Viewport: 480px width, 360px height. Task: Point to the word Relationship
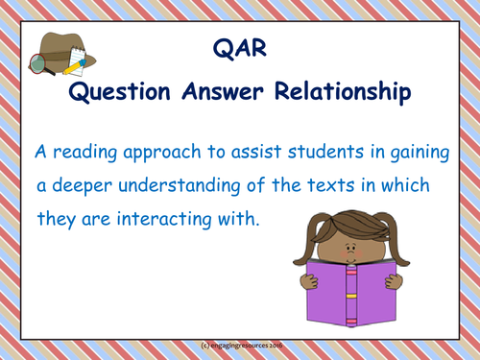tap(351, 92)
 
